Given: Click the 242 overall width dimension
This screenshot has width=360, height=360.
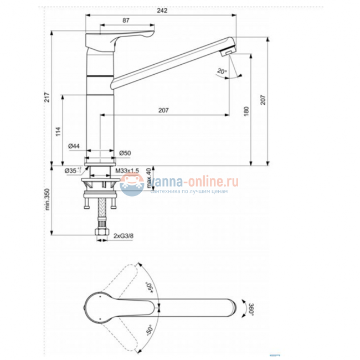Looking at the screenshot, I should [x=161, y=10].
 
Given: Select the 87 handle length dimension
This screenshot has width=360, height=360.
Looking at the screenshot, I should [x=126, y=20].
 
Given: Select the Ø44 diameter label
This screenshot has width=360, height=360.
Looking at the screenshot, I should [x=74, y=146].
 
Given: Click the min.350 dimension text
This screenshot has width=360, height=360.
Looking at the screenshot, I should [x=48, y=200].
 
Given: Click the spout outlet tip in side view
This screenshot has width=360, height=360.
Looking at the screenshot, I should [x=227, y=52].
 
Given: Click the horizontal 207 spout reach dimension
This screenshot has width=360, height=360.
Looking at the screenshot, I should [x=163, y=110].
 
